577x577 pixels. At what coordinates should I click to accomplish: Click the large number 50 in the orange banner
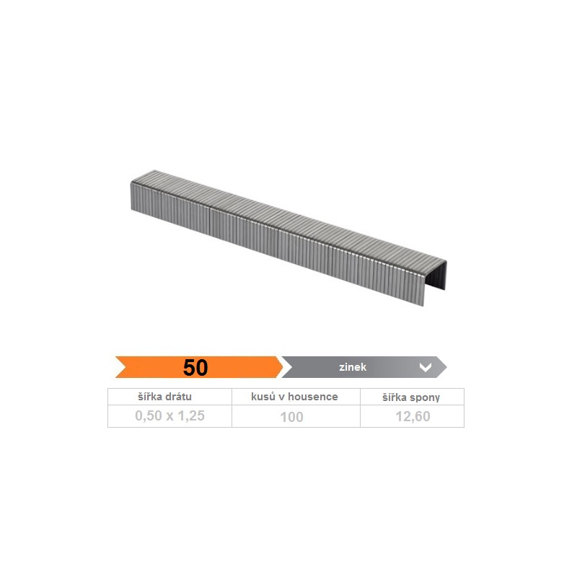195,367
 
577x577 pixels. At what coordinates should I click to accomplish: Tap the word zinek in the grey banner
353,367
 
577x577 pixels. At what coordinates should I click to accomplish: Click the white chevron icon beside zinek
426,367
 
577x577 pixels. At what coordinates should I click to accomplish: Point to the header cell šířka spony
411,397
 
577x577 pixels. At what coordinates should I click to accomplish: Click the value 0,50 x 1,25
169,416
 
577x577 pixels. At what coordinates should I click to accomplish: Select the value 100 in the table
292,417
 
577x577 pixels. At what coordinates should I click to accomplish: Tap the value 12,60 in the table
413,417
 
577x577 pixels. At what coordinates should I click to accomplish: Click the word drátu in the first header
178,397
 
